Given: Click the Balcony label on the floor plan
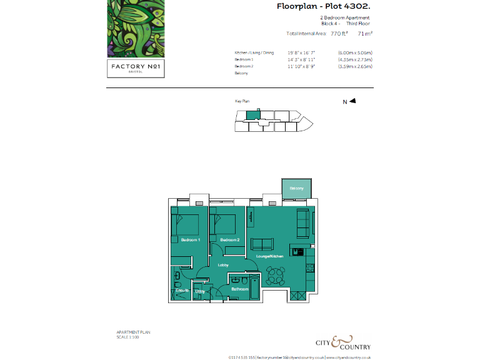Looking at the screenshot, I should (296, 188).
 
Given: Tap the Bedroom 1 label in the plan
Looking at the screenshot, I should (190, 240).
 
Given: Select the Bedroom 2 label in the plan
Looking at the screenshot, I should (229, 240).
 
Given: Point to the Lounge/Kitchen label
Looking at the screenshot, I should (269, 256).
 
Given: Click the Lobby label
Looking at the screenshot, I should (222, 266).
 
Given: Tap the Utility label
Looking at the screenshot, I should (200, 291).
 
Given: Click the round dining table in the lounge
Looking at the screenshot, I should (274, 275).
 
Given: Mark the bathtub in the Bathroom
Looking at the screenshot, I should (254, 284).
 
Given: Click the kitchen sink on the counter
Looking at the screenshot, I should (299, 252).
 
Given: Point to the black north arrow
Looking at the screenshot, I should (352, 101).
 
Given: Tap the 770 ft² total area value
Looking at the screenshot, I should (339, 34).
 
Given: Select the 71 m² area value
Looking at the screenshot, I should (365, 34).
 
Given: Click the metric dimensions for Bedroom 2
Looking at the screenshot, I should (355, 66).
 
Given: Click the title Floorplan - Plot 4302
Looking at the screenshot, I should (323, 6).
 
